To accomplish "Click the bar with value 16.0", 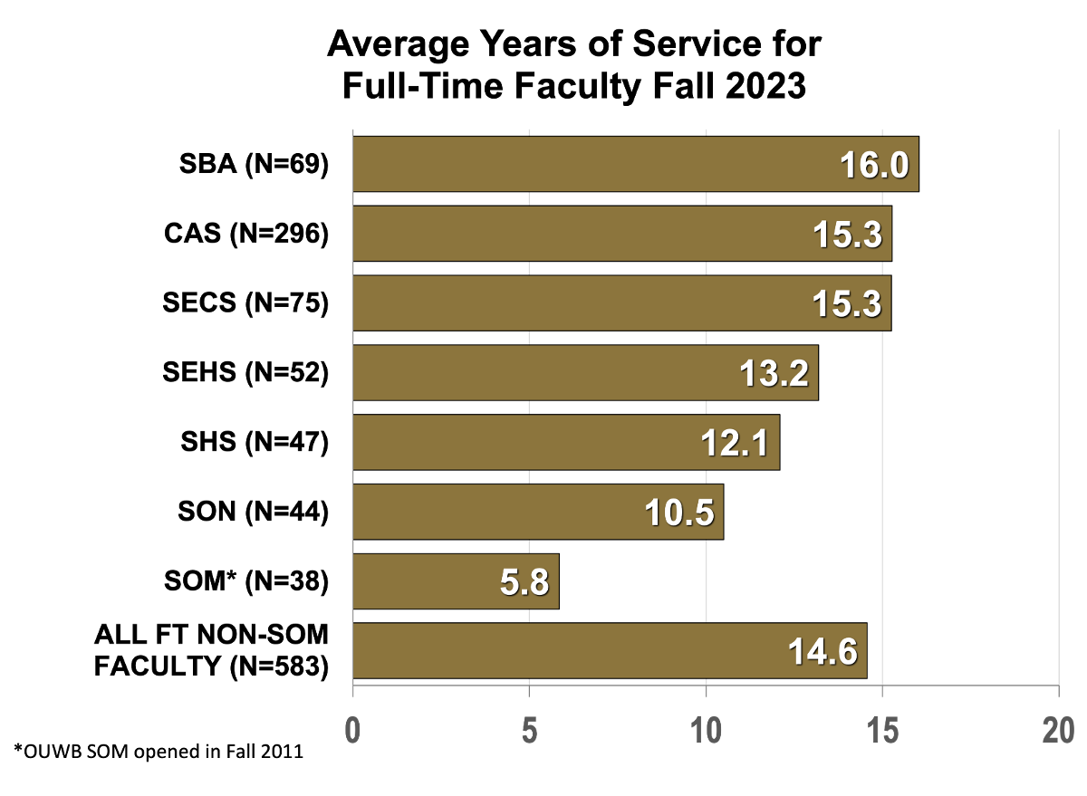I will click(589, 164).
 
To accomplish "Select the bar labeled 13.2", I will click(543, 372).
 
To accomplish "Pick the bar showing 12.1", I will click(525, 442).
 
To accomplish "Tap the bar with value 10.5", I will click(498, 512).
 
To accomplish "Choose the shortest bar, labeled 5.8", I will click(426, 581).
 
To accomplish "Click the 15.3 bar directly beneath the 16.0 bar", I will click(580, 234).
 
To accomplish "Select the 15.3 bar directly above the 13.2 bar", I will click(580, 303).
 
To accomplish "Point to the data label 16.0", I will click(873, 166).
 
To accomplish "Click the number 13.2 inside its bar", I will click(774, 373).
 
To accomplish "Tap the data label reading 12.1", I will click(735, 443).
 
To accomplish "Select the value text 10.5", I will click(679, 513).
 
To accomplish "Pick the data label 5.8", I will click(524, 582).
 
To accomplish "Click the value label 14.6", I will click(822, 652).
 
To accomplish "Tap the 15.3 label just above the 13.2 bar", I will click(847, 304).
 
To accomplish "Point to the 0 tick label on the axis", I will click(352, 731).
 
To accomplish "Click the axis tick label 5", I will click(529, 731).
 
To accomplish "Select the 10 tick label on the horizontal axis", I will click(706, 731).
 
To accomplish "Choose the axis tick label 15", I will click(882, 731).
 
